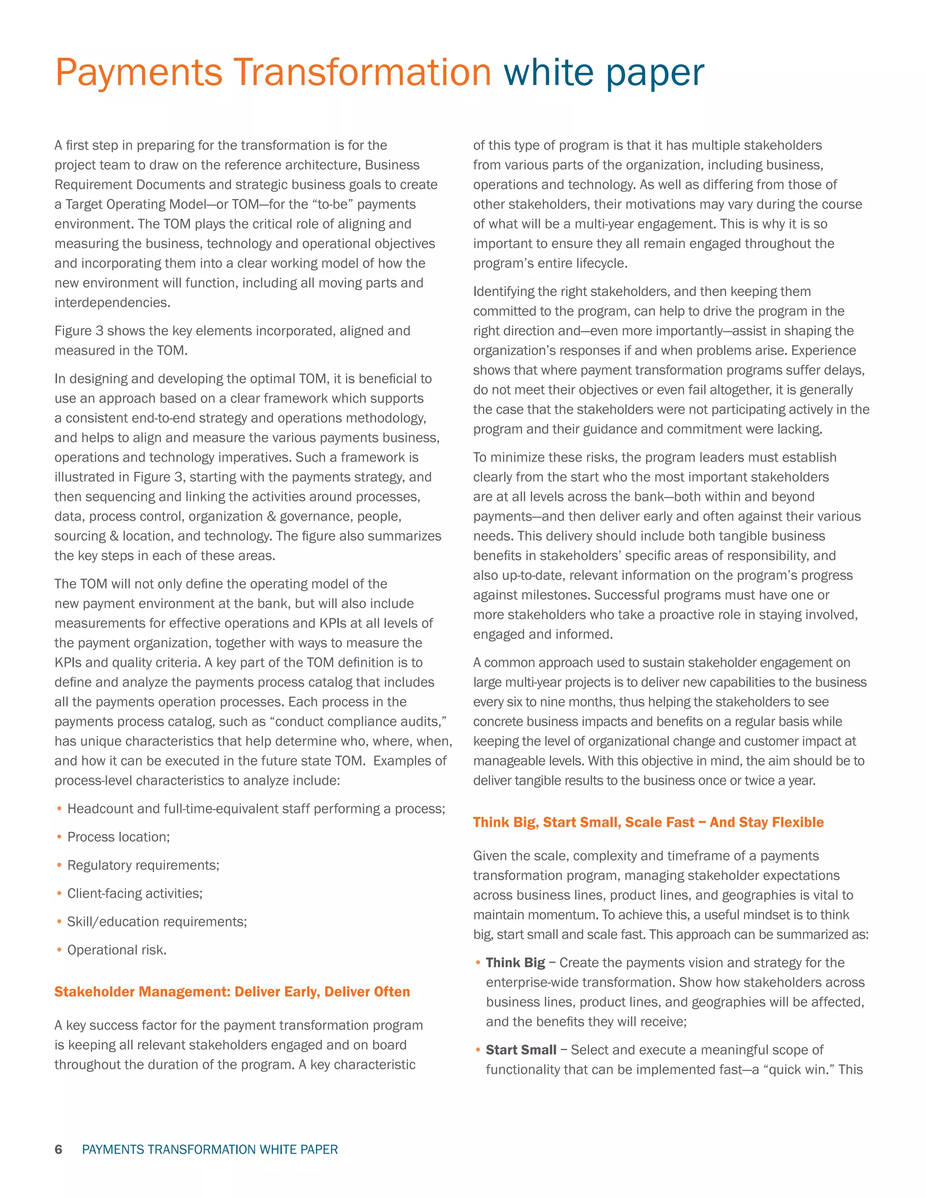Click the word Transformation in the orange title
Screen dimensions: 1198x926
tap(362, 72)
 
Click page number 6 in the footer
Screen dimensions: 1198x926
tap(58, 1149)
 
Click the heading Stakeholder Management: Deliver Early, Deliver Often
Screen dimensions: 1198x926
tap(232, 992)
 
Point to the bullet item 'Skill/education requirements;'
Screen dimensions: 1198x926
tap(157, 921)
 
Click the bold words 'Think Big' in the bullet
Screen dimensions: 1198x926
tap(515, 962)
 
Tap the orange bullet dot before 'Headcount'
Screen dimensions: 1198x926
tap(59, 809)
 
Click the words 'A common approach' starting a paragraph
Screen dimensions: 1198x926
tap(532, 663)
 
